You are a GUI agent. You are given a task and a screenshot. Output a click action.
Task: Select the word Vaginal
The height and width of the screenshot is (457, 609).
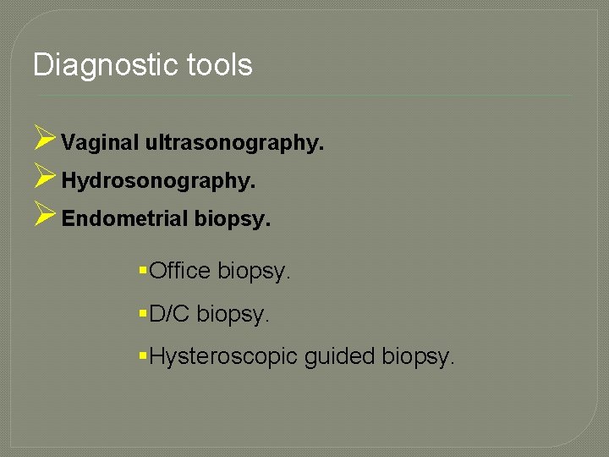tap(100, 143)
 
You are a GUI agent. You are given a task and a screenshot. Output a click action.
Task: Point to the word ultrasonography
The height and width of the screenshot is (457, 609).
tap(234, 143)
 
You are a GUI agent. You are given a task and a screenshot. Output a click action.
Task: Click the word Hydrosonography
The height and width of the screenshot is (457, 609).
tap(158, 181)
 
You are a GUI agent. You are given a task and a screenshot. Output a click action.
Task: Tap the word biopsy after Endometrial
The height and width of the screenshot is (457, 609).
tap(233, 220)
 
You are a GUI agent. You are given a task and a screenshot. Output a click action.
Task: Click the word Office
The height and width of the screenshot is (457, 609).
tap(180, 271)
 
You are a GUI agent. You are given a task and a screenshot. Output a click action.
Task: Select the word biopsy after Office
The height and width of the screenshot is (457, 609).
tap(254, 271)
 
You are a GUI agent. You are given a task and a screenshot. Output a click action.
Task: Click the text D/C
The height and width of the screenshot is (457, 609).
tap(169, 314)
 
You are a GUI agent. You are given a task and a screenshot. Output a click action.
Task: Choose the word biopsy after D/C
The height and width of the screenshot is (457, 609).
tap(233, 315)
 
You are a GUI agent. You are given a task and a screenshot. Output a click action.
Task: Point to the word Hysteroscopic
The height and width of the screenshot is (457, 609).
tap(223, 357)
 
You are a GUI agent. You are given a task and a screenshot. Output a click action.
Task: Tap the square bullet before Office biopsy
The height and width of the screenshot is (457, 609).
tap(142, 270)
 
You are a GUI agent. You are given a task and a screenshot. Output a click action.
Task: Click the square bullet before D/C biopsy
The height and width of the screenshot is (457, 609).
tap(142, 313)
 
